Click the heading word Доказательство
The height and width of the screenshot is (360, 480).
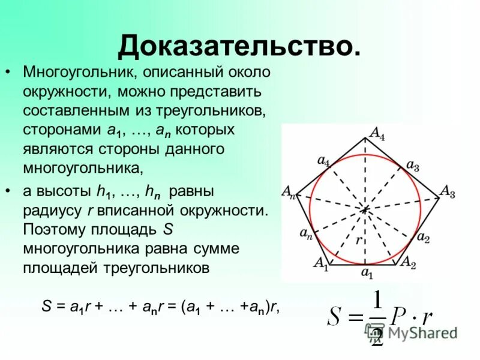click(x=239, y=45)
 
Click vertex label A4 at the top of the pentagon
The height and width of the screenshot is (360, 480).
click(x=377, y=133)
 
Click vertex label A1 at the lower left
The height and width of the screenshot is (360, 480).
click(x=321, y=262)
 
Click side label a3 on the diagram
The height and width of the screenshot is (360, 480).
click(x=413, y=165)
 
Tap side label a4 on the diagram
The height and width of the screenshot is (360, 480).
click(x=323, y=161)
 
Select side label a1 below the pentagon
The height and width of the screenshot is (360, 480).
click(x=366, y=274)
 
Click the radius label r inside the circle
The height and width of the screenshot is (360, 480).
click(x=358, y=239)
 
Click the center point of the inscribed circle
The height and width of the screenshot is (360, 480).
click(x=365, y=209)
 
